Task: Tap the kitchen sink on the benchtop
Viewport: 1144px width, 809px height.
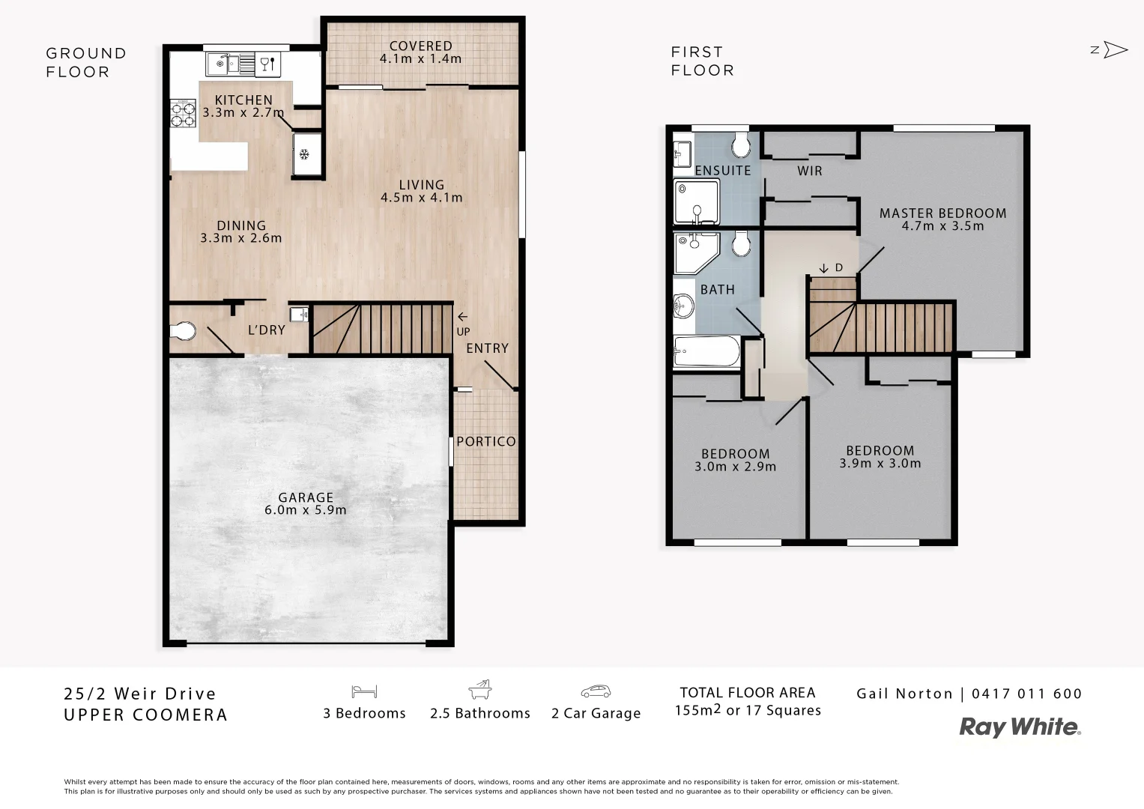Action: pyautogui.click(x=223, y=63)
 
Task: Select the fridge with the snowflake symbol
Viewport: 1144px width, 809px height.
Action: pyautogui.click(x=306, y=154)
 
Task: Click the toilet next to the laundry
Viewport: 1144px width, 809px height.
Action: pyautogui.click(x=182, y=330)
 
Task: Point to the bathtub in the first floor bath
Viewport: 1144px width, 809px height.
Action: pyautogui.click(x=706, y=351)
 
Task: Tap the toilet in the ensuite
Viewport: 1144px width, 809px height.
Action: pyautogui.click(x=740, y=142)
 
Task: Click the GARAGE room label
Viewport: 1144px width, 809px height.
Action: pyautogui.click(x=305, y=497)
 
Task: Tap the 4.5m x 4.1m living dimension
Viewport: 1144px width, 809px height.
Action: pyautogui.click(x=421, y=198)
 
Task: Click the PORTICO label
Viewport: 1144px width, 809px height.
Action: pyautogui.click(x=485, y=441)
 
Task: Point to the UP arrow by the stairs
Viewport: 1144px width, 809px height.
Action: pyautogui.click(x=462, y=317)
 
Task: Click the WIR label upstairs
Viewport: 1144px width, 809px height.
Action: pyautogui.click(x=809, y=171)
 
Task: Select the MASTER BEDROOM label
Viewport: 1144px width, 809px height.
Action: pyautogui.click(x=942, y=213)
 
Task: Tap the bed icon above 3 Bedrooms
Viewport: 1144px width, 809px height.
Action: pyautogui.click(x=364, y=691)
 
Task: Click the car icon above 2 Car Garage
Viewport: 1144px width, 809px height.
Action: pyautogui.click(x=596, y=691)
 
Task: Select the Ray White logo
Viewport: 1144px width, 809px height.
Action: pyautogui.click(x=1020, y=727)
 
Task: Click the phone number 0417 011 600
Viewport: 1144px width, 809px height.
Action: pyautogui.click(x=1026, y=694)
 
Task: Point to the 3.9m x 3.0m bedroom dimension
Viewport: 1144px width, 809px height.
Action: pyautogui.click(x=880, y=463)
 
